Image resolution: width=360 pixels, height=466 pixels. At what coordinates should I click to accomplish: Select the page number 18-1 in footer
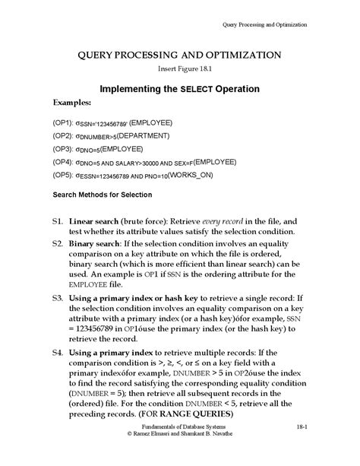(x=301, y=451)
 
